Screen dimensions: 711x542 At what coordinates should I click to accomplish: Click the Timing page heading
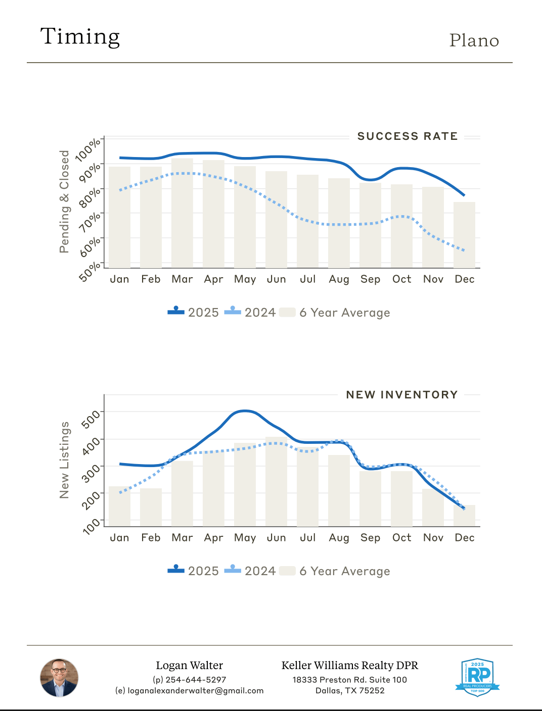pyautogui.click(x=80, y=37)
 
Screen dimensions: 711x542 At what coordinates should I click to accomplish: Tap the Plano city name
pyautogui.click(x=474, y=40)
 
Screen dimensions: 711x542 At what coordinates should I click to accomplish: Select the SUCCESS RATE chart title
pyautogui.click(x=407, y=136)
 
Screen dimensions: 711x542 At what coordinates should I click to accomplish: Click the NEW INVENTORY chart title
pyautogui.click(x=401, y=395)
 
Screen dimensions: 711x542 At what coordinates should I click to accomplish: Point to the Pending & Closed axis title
pyautogui.click(x=64, y=201)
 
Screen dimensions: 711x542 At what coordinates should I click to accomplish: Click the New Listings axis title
pyautogui.click(x=64, y=460)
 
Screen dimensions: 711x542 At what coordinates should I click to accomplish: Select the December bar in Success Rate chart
pyautogui.click(x=464, y=235)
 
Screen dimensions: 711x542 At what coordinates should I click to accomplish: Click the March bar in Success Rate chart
pyautogui.click(x=182, y=213)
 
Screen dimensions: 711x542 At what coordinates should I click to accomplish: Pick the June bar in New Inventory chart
pyautogui.click(x=276, y=482)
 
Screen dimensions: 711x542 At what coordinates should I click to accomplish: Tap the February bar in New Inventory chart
pyautogui.click(x=151, y=507)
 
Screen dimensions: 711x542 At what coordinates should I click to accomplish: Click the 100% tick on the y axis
pyautogui.click(x=88, y=149)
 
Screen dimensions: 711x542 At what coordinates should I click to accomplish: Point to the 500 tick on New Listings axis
pyautogui.click(x=91, y=419)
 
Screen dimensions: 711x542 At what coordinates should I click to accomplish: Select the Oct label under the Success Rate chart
pyautogui.click(x=401, y=279)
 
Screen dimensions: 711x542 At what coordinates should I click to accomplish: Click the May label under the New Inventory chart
pyautogui.click(x=245, y=538)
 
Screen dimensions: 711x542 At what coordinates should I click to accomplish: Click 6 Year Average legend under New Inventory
pyautogui.click(x=344, y=571)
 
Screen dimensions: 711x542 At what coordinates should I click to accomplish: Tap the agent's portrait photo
pyautogui.click(x=59, y=678)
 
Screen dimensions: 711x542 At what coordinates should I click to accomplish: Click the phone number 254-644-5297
pyautogui.click(x=195, y=680)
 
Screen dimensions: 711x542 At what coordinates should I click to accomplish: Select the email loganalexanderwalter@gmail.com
pyautogui.click(x=195, y=691)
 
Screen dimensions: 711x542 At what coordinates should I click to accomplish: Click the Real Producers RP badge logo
pyautogui.click(x=477, y=677)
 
